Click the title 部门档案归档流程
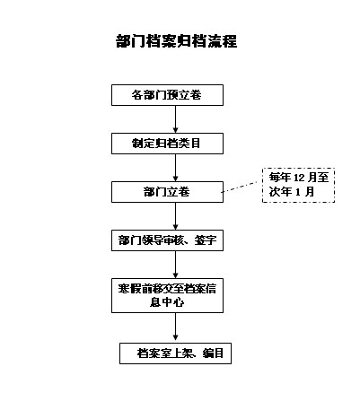pos(177,41)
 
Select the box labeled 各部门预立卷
pos(167,95)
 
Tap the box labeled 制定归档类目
pos(167,144)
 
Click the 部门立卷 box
pos(167,192)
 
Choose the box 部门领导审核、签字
pos(167,240)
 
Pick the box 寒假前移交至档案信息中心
pos(167,296)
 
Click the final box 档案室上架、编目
pos(175,353)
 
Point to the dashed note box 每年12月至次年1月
pos(298,186)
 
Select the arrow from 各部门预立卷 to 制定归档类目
pos(176,119)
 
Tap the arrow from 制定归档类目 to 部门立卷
pos(176,168)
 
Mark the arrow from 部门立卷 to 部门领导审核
pos(176,216)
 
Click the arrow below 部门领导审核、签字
pos(176,265)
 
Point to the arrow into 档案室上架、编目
pos(176,327)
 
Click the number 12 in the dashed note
pos(299,178)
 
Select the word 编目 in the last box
pos(213,353)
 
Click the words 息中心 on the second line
pos(167,302)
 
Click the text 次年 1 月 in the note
pos(292,192)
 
